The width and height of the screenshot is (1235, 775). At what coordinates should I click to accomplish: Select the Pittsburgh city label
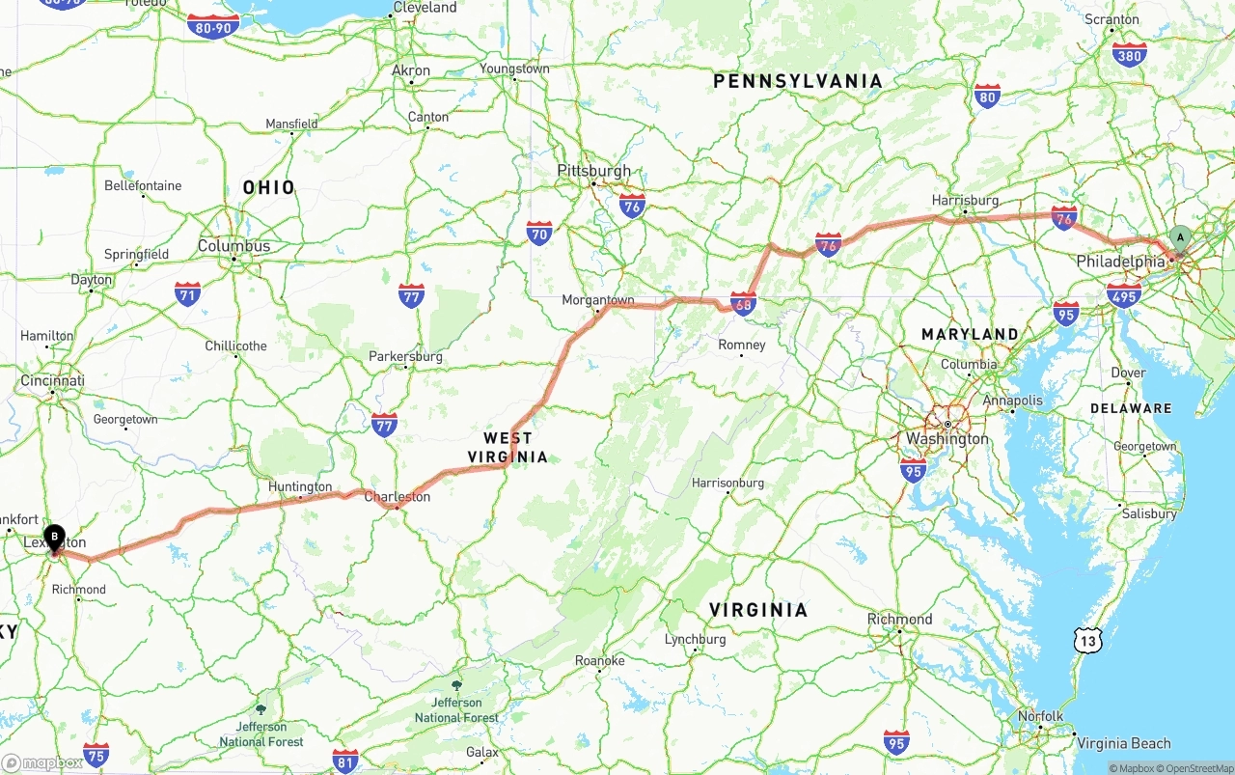593,171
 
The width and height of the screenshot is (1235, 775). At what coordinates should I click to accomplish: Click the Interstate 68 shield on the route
743,304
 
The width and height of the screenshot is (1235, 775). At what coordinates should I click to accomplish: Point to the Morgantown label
598,300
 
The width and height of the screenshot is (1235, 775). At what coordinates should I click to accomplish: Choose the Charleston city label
397,497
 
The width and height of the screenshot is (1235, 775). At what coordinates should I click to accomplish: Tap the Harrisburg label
965,200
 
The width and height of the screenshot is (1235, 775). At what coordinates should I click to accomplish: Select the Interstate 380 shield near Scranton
1129,54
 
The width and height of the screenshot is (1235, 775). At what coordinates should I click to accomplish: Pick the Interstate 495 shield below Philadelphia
1124,294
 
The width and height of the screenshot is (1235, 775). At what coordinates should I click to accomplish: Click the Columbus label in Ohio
233,246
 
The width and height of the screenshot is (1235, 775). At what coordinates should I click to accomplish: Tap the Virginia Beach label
1123,743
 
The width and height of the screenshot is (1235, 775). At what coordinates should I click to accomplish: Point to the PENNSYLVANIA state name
798,81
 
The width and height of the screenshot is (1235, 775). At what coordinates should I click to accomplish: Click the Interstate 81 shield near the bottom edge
344,760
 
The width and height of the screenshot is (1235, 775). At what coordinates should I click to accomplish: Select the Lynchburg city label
695,639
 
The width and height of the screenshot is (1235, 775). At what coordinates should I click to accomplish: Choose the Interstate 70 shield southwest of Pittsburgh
539,233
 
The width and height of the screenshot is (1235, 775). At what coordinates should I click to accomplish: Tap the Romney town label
742,345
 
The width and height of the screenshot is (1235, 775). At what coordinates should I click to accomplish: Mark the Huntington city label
300,486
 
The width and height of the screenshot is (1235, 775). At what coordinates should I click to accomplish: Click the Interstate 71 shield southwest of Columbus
188,293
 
